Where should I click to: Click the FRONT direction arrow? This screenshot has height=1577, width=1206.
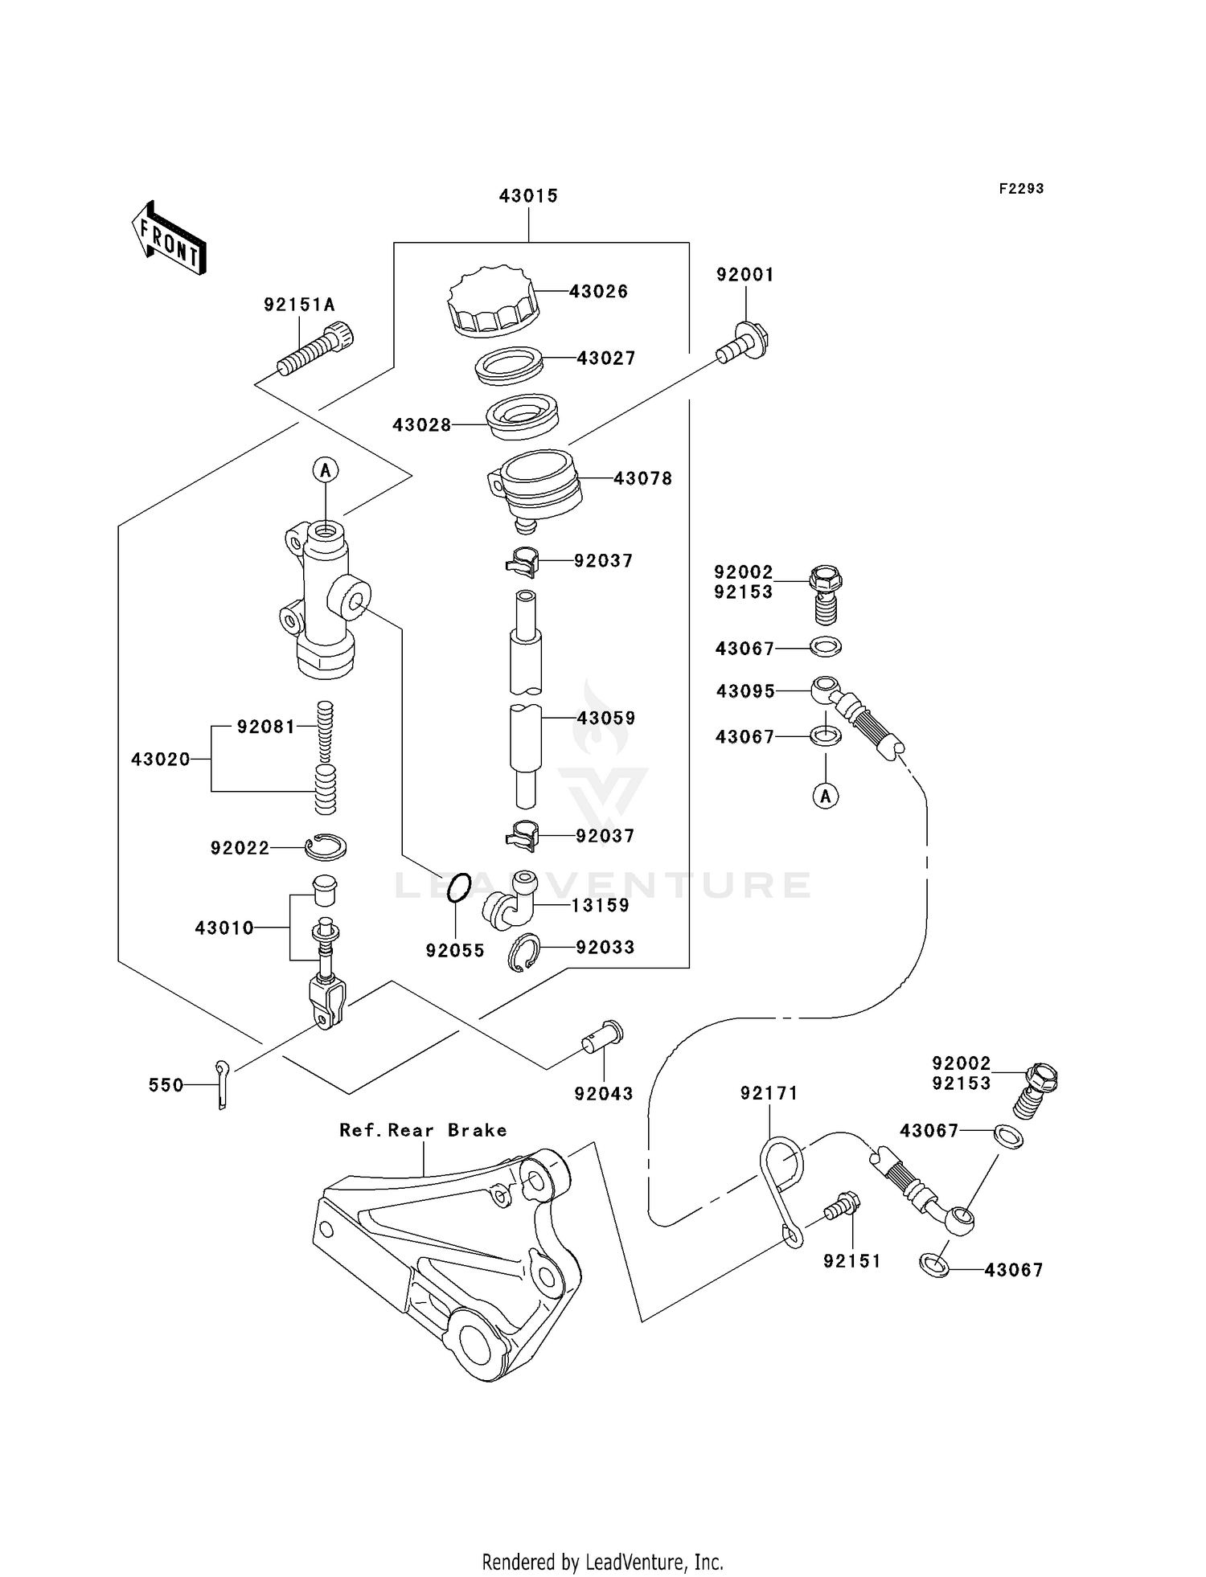[x=170, y=238]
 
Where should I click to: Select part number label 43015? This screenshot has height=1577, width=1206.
[x=528, y=196]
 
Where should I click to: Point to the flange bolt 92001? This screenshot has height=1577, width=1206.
[x=744, y=344]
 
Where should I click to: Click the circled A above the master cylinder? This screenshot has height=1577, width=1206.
[x=326, y=469]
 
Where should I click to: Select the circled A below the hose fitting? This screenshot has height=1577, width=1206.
[x=826, y=796]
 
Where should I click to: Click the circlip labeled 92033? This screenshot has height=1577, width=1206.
[x=524, y=952]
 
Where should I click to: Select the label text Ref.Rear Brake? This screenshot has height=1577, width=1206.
[x=423, y=1130]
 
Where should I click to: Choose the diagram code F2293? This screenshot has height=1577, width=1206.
[x=1021, y=189]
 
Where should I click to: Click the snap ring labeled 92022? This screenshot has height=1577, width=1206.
[x=326, y=846]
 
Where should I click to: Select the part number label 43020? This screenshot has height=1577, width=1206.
[x=161, y=759]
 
